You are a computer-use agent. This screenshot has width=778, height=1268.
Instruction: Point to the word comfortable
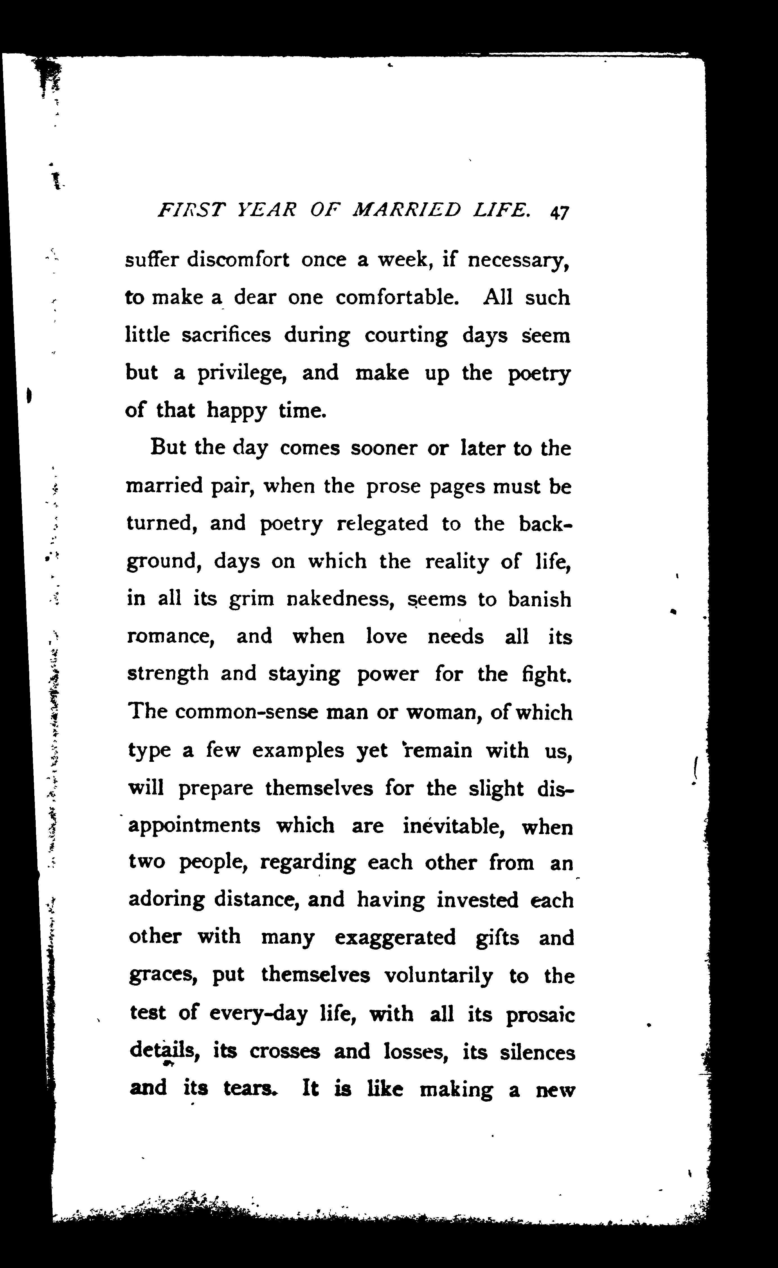pyautogui.click(x=396, y=297)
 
